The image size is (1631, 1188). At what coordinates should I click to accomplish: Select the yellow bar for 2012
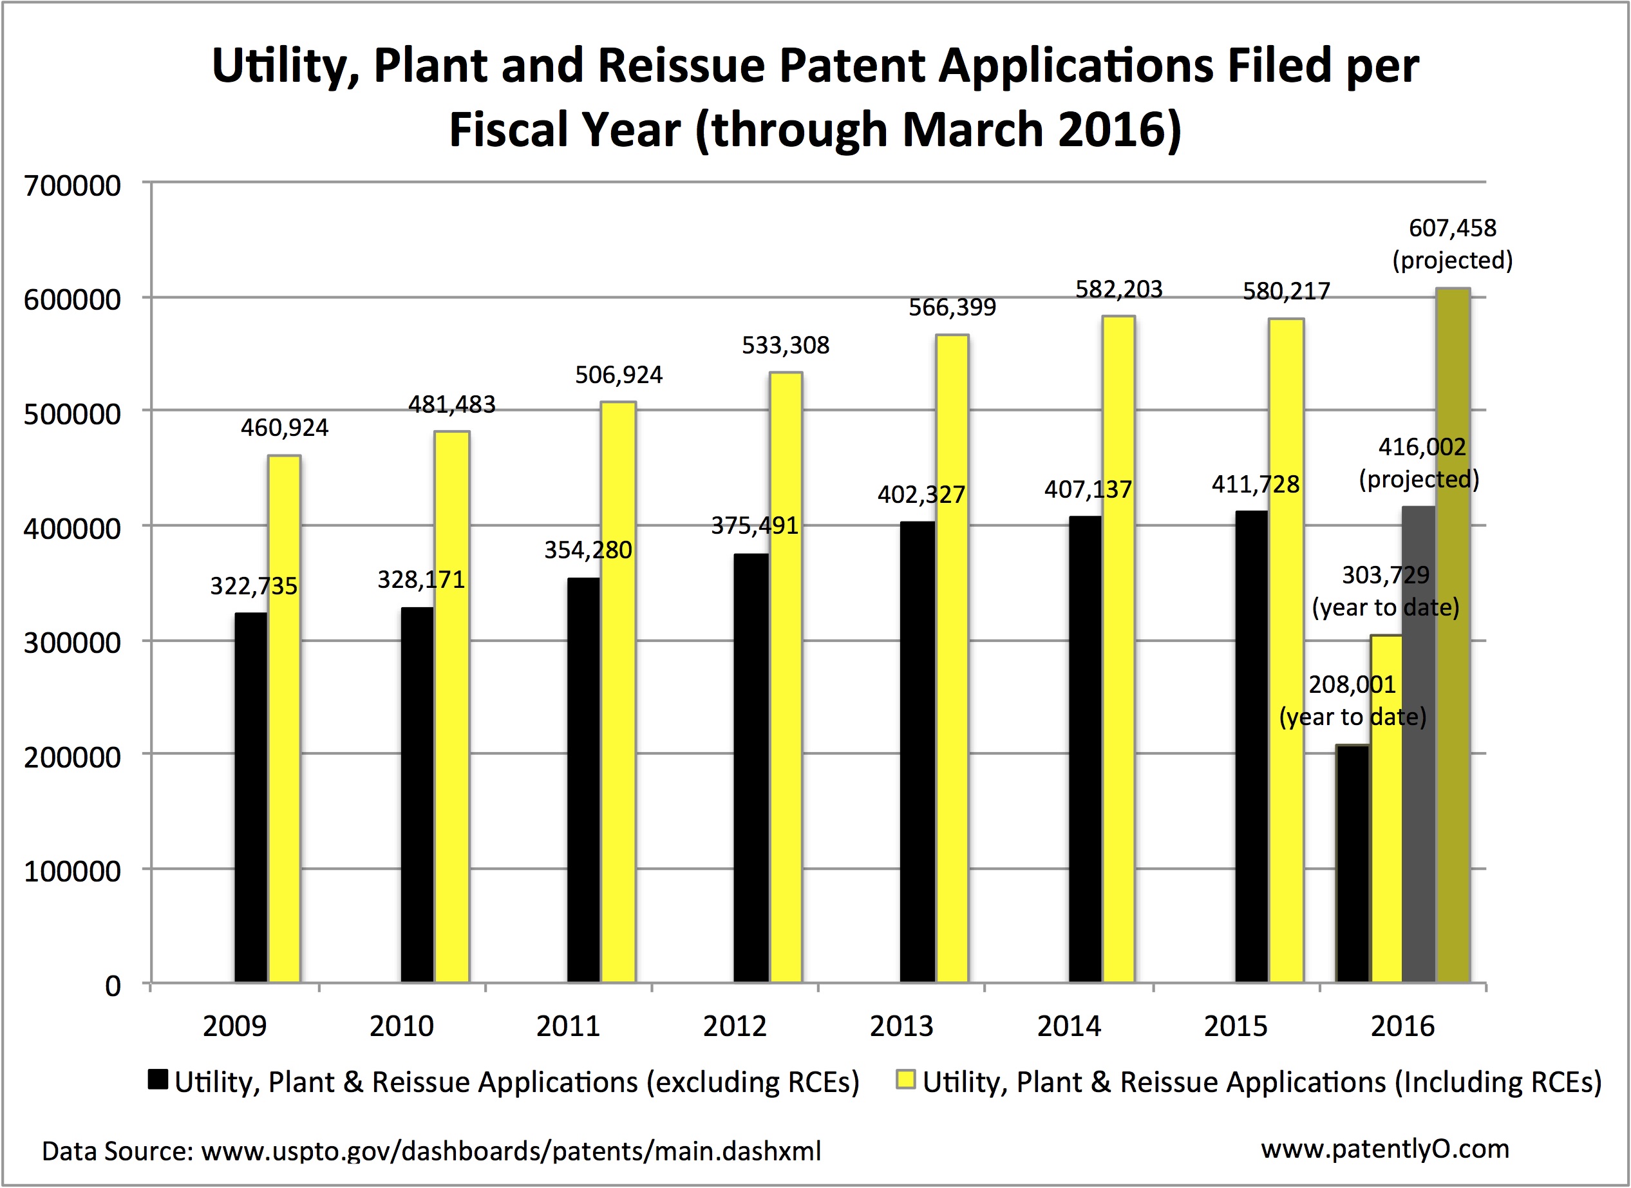tap(786, 676)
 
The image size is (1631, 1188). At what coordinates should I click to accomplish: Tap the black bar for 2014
tap(1084, 748)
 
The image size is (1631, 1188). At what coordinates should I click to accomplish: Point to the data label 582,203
tap(1118, 289)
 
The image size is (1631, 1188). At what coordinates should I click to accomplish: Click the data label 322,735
tap(253, 586)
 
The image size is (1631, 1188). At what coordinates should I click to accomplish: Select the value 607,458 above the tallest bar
tap(1452, 228)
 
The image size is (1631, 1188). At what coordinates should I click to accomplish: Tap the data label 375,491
tap(755, 525)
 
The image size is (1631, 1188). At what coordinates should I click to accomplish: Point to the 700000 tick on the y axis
tap(72, 185)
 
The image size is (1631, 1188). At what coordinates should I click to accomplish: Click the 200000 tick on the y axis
tap(72, 757)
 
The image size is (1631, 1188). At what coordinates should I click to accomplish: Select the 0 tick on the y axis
tap(113, 985)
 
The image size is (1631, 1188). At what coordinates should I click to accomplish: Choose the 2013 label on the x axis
tap(901, 1026)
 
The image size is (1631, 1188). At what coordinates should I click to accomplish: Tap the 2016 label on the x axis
tap(1402, 1026)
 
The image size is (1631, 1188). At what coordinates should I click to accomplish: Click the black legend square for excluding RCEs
tap(158, 1079)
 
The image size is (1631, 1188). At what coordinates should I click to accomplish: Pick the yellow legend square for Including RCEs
tap(906, 1079)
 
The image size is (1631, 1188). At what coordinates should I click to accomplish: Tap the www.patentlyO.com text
tap(1384, 1149)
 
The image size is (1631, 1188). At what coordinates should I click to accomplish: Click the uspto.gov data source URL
tap(511, 1151)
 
